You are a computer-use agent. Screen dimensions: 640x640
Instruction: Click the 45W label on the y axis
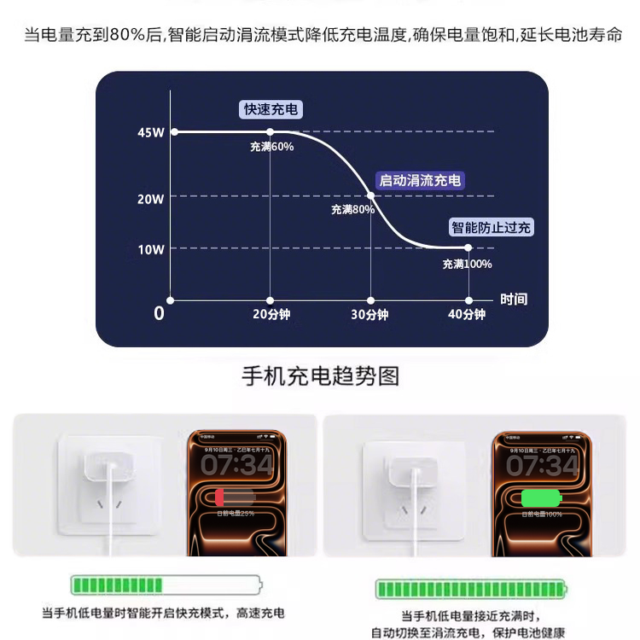tap(150, 132)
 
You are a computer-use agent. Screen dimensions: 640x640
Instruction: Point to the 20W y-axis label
tap(150, 199)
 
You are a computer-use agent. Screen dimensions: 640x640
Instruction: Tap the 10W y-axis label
tap(150, 249)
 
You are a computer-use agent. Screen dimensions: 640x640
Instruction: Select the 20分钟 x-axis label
tap(271, 315)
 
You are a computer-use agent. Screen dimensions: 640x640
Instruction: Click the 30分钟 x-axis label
tap(369, 315)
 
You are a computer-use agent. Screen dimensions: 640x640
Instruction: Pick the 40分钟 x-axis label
tap(467, 315)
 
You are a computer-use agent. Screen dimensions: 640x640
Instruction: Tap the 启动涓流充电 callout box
tap(420, 180)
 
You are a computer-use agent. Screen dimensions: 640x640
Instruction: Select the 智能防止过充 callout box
tap(492, 228)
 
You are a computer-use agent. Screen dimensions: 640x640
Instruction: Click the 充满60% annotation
tap(271, 147)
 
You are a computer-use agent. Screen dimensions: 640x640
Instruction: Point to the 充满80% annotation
tap(352, 209)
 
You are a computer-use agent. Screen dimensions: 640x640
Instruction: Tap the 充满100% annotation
tap(467, 264)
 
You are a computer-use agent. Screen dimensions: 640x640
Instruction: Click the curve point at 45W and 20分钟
tap(271, 131)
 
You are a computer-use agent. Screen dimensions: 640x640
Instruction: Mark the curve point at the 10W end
tap(468, 247)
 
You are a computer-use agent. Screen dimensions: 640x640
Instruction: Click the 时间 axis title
tap(514, 299)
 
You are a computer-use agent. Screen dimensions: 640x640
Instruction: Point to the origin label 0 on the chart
tap(159, 314)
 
